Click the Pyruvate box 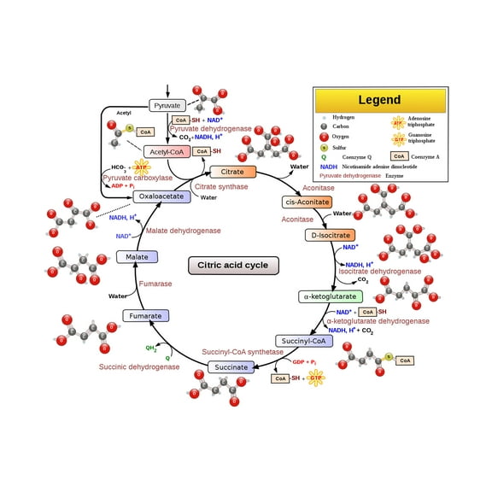[167, 105]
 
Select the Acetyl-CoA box [167, 151]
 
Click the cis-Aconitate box [307, 202]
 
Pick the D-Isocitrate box [330, 235]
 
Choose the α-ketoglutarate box [331, 296]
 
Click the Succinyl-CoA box [303, 341]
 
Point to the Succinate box [231, 367]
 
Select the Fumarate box [145, 315]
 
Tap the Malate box [137, 256]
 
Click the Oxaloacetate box [161, 196]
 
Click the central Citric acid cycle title [233, 265]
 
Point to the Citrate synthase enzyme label [222, 186]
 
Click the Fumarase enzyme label [155, 284]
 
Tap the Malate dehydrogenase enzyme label [183, 231]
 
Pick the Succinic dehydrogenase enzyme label [139, 366]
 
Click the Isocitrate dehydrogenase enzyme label [379, 271]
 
